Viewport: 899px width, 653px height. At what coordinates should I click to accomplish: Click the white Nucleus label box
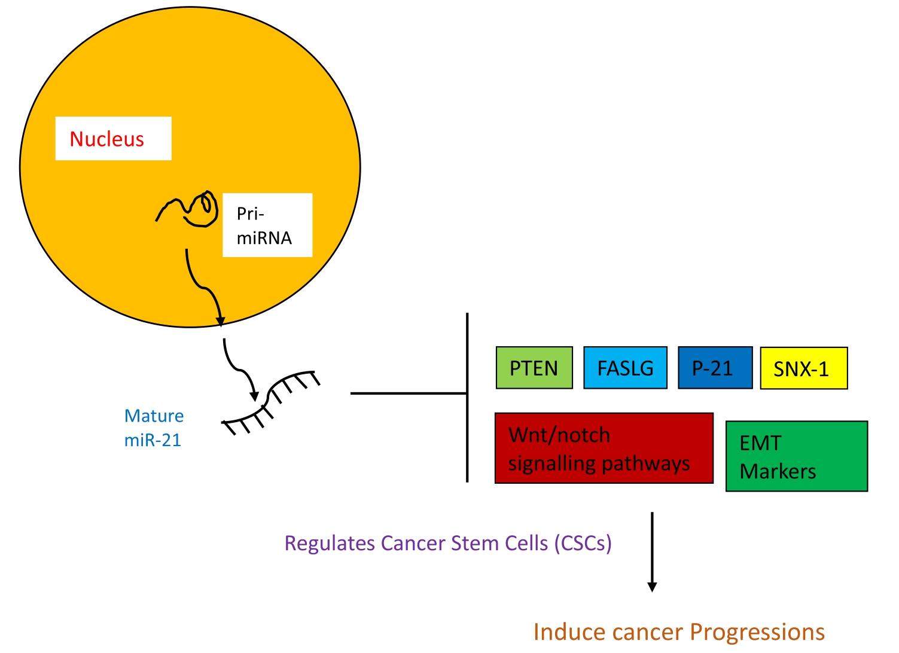click(113, 139)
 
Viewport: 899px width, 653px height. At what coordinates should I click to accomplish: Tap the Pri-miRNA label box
click(267, 225)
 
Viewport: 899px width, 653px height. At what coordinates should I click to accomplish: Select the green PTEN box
click(534, 368)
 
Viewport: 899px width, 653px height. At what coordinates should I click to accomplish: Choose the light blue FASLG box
click(625, 368)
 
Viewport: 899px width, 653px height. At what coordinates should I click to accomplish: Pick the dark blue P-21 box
click(715, 368)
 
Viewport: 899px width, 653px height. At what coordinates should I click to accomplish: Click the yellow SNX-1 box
click(803, 368)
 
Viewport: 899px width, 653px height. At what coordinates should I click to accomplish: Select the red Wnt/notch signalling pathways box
click(604, 448)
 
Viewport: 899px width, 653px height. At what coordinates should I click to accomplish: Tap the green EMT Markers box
click(796, 456)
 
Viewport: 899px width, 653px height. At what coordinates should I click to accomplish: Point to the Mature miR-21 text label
click(154, 428)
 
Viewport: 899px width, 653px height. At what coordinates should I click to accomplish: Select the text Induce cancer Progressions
click(678, 631)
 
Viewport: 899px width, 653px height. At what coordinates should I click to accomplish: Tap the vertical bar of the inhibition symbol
click(467, 397)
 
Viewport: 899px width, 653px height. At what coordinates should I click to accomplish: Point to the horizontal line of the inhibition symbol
click(408, 393)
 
